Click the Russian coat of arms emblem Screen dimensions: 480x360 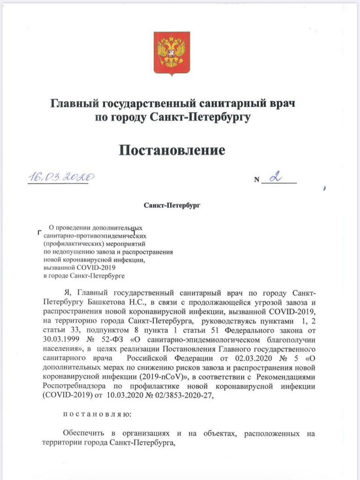(172, 53)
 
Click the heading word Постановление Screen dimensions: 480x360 (172, 150)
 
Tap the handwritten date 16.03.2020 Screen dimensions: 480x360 (61, 177)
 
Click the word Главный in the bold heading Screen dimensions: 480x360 (75, 103)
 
